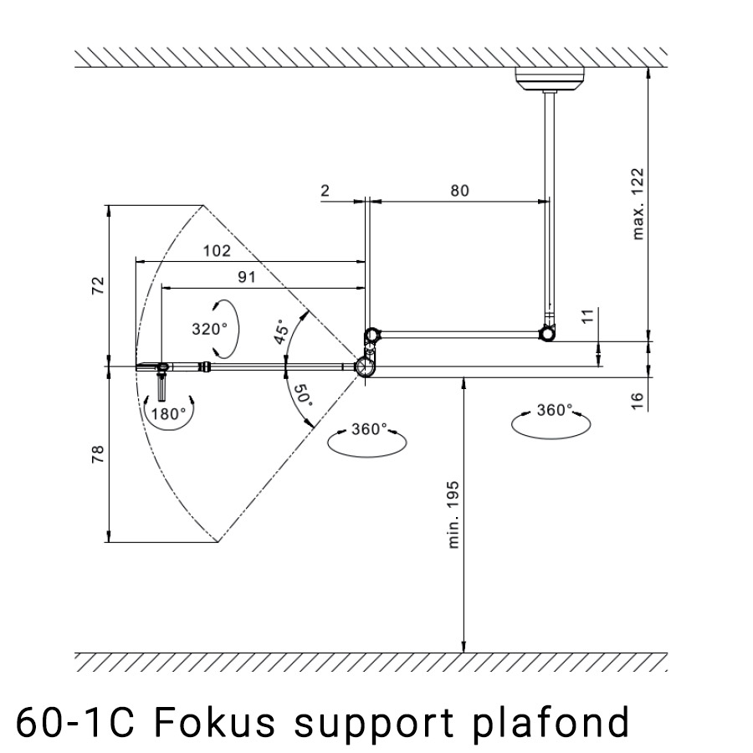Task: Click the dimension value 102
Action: [x=216, y=250]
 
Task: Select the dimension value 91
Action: [x=246, y=277]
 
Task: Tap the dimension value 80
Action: [x=459, y=190]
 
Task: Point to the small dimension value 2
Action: [x=325, y=190]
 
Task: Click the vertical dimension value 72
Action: [x=98, y=285]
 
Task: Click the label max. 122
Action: [x=639, y=203]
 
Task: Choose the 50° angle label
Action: [x=301, y=394]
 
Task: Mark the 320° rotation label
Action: [x=208, y=329]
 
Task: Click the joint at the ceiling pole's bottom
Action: [x=548, y=332]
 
